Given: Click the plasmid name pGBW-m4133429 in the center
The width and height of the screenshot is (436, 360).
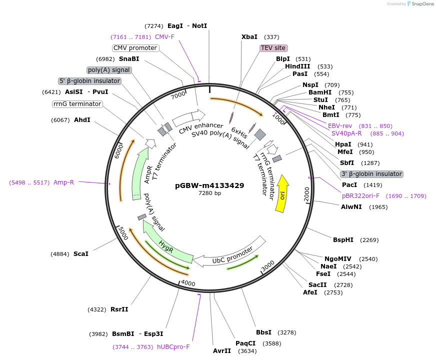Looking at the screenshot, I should tap(209, 185).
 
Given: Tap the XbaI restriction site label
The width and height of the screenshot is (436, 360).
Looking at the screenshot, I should tap(249, 37).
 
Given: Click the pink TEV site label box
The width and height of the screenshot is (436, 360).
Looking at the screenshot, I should tap(273, 48).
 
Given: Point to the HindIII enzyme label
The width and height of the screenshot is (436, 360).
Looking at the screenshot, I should tap(297, 66).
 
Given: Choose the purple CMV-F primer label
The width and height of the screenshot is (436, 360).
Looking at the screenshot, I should tap(164, 37).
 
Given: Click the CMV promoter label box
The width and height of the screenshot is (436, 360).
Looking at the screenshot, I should tap(135, 48).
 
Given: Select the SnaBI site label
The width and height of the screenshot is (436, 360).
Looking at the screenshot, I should tap(129, 59).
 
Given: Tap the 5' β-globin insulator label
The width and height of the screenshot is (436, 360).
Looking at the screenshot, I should tap(90, 81).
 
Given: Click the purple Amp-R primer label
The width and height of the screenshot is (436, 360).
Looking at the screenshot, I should tap(63, 182).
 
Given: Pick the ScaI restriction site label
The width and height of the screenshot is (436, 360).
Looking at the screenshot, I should tap(81, 254).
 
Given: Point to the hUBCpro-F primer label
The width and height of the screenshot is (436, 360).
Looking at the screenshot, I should tap(173, 347).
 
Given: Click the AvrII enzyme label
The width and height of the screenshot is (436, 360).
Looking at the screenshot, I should tap(222, 351).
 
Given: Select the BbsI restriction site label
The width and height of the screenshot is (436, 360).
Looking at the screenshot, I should tap(263, 332).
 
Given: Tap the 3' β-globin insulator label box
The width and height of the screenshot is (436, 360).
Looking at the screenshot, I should tap(371, 174).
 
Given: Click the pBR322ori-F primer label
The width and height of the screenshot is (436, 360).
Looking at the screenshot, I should tap(360, 196).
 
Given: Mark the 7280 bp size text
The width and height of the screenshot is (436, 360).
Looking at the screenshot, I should tap(209, 193).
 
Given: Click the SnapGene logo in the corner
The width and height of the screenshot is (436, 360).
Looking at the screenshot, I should tap(420, 4).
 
